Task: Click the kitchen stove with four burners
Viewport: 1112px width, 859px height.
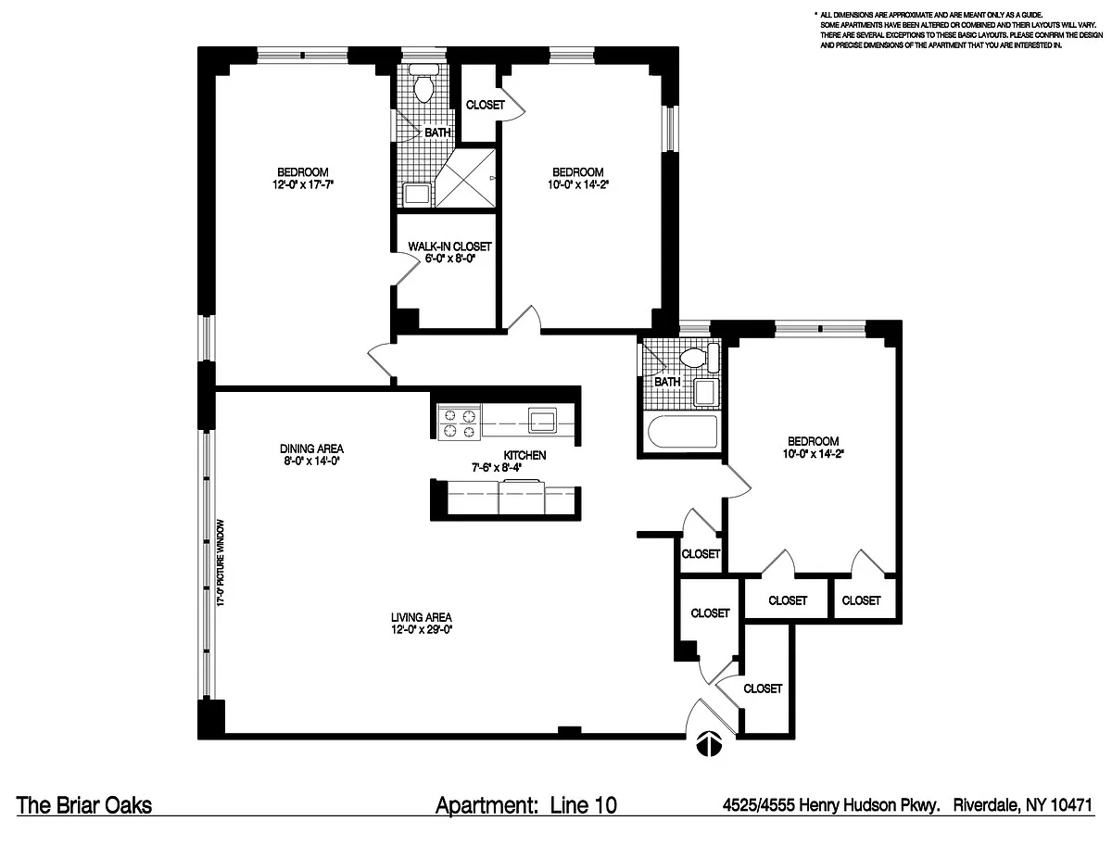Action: coord(459,422)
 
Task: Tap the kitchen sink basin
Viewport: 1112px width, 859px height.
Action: coord(542,422)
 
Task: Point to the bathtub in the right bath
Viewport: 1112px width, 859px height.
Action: coord(683,433)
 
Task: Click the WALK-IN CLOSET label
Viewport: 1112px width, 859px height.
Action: coord(449,246)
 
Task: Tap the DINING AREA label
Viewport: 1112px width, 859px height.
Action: coord(311,448)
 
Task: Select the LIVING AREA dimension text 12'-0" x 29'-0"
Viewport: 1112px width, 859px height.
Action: coord(423,630)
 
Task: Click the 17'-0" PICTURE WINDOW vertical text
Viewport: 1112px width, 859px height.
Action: coord(221,563)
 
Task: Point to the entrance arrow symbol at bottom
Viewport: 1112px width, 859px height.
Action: coord(709,743)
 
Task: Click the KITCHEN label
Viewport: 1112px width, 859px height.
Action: coord(524,455)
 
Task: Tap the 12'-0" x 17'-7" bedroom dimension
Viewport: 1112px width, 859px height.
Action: coord(303,184)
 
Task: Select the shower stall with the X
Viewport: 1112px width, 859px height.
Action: coord(465,178)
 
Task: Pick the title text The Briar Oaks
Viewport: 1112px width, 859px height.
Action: coord(84,805)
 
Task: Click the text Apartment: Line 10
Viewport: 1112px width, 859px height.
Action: coord(526,805)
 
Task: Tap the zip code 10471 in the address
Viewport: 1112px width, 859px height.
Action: coord(1071,805)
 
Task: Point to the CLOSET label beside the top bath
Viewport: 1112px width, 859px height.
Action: coord(486,105)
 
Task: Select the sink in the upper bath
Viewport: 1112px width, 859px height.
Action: coord(417,195)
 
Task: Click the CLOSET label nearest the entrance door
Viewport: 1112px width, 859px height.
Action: coord(763,688)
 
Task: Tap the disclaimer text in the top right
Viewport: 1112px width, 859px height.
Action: coord(961,31)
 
